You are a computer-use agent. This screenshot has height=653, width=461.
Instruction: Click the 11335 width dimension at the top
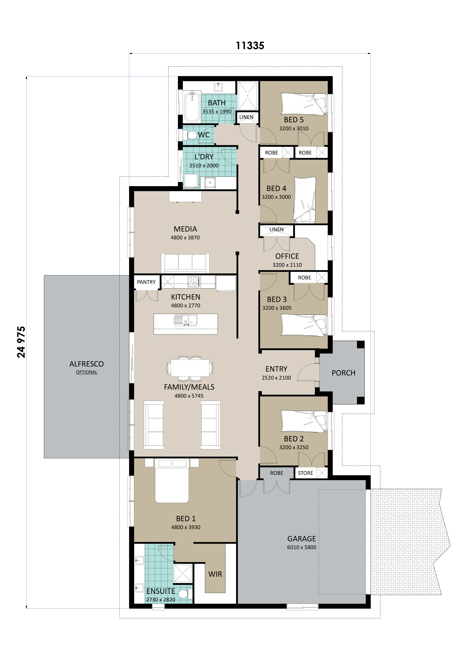pos(250,45)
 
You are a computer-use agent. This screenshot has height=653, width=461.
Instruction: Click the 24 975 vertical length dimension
pos(21,342)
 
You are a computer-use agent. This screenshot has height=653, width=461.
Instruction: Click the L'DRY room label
pos(204,157)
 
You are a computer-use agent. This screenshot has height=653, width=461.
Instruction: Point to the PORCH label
pos(343,373)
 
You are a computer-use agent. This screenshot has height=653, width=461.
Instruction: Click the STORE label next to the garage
pos(305,473)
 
